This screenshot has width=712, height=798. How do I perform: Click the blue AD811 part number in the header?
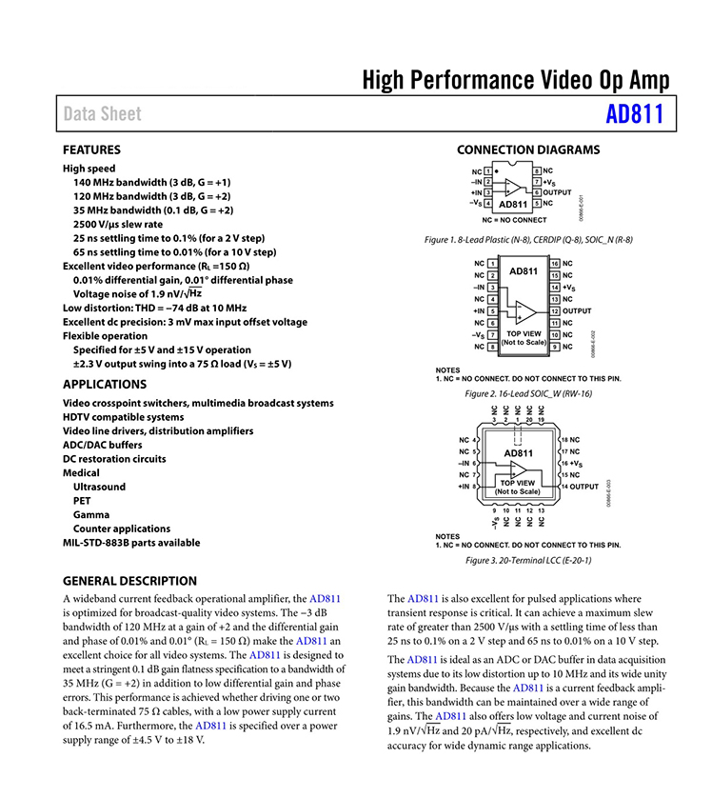coord(634,114)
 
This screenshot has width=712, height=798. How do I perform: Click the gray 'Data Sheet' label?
coord(102,114)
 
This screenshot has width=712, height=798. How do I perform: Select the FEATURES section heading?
coord(91,150)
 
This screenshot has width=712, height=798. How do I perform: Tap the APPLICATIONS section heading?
coord(105,385)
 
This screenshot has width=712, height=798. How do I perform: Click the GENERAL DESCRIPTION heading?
coord(129,581)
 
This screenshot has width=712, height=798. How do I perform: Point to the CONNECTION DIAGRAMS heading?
coord(528,150)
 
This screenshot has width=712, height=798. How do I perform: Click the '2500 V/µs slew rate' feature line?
coord(118,224)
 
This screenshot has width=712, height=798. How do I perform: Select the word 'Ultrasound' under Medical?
coord(99,487)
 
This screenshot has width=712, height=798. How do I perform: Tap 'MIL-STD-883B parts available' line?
coord(131,543)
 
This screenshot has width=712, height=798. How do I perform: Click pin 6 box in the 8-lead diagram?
coord(537,192)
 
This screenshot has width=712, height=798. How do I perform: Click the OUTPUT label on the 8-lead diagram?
coord(557,192)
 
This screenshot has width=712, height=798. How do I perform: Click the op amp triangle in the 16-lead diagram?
coord(523,309)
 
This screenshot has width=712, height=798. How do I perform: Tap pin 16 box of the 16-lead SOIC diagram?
coord(554,263)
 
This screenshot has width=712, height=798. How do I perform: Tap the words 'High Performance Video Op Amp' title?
coord(515,80)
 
